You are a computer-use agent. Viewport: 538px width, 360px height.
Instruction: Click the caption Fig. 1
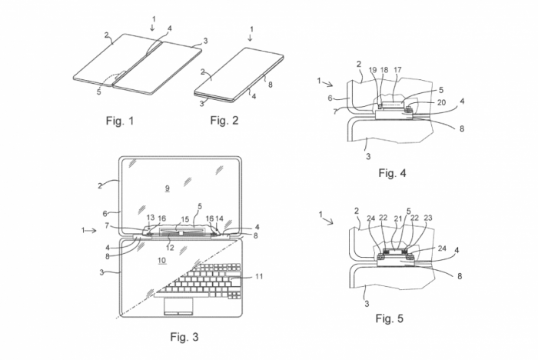tap(120, 121)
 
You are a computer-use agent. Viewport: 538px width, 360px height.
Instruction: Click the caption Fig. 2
tap(224, 120)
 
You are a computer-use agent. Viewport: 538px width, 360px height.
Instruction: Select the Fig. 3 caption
tap(184, 337)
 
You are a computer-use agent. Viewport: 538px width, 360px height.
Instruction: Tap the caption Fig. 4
tap(392, 173)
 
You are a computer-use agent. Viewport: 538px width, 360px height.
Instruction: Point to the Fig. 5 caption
tap(390, 318)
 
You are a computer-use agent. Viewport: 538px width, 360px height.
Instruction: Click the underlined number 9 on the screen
tap(167, 188)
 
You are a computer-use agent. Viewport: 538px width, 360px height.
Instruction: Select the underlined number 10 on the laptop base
tap(162, 261)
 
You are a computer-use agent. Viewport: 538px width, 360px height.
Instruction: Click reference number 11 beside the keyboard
tap(259, 276)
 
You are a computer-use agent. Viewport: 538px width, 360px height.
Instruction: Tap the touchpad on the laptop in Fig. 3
tap(178, 306)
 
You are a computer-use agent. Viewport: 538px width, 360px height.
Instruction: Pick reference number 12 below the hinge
tap(170, 248)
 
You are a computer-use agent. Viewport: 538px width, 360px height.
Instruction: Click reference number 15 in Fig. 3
tap(185, 219)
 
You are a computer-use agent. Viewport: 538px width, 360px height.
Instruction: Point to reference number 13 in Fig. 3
tap(151, 218)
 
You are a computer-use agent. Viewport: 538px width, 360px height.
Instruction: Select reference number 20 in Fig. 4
tap(441, 102)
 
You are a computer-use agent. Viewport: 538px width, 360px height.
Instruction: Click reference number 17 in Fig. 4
tap(397, 70)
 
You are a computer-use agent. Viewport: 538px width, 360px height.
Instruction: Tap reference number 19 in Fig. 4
tap(373, 70)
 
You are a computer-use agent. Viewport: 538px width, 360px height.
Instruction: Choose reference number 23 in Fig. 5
tap(428, 218)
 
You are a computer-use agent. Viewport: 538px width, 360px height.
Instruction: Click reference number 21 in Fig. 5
tap(397, 218)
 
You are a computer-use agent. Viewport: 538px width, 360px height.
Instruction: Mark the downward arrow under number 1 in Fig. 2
tap(250, 38)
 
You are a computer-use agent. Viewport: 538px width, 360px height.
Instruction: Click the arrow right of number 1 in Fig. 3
tap(91, 231)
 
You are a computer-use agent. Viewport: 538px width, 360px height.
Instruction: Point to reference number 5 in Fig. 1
tap(99, 92)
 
